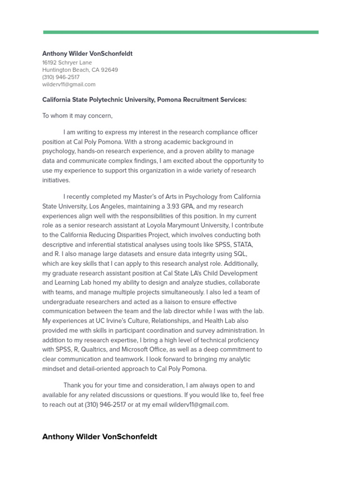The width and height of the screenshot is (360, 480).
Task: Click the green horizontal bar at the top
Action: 180,32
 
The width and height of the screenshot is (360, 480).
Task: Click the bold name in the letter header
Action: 87,53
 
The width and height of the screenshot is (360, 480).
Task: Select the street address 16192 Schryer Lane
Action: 67,62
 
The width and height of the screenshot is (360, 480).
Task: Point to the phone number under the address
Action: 61,77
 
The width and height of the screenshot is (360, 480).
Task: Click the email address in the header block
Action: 69,85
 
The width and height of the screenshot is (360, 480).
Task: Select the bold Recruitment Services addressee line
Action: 144,100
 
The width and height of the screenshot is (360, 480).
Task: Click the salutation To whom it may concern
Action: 77,116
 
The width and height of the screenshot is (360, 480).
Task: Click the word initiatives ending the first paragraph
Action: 56,180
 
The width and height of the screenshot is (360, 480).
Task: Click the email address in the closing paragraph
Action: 198,405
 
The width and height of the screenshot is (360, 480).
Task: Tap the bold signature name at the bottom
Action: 100,437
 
